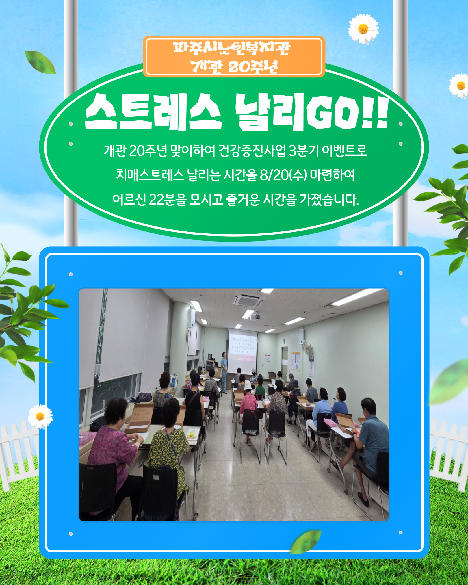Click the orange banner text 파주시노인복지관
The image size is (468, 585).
[231, 48]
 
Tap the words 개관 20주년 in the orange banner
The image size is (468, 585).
[234, 67]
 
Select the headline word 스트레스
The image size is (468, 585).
[153, 112]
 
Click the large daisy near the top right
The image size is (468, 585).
[363, 29]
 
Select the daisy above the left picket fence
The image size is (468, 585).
[40, 416]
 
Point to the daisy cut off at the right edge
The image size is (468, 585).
[459, 86]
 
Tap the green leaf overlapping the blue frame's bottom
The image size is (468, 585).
[305, 542]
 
